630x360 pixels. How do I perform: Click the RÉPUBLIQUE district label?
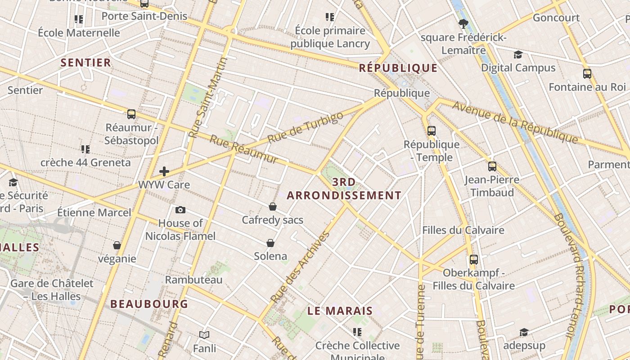pos(398,68)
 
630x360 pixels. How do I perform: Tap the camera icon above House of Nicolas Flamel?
pos(180,210)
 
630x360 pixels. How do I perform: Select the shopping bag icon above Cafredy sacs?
pos(273,207)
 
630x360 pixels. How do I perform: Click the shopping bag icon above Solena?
pos(270,243)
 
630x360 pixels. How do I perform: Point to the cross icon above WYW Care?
pos(164,171)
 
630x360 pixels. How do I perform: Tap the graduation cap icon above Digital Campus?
pos(518,55)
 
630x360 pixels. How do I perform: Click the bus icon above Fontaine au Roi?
pos(587,74)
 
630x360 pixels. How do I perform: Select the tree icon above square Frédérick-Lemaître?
pos(463,24)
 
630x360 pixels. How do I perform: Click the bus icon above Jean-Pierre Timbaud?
pos(492,166)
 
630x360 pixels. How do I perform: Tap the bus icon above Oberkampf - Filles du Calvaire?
pos(473,260)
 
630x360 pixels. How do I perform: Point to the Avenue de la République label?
pos(515,122)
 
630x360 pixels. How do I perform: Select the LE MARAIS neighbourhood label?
pos(340,310)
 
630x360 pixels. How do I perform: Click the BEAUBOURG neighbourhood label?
pos(149,304)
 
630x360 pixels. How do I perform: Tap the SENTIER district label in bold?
pos(85,63)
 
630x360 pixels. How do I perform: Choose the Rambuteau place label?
pos(193,280)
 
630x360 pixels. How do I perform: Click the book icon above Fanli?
pos(204,335)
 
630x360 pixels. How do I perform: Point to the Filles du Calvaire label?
pos(463,230)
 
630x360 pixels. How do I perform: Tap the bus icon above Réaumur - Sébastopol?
pos(131,114)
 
